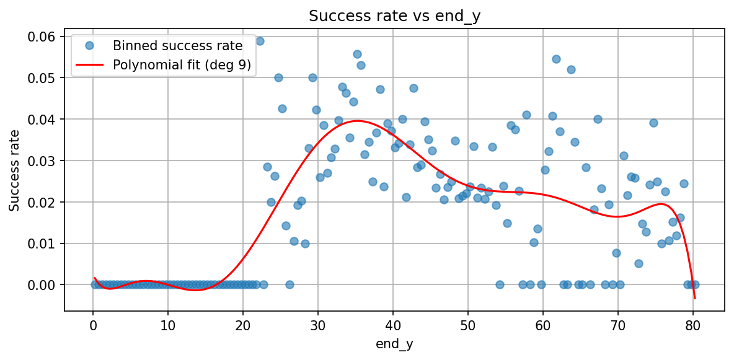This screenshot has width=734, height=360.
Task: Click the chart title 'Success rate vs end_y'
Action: point(394,17)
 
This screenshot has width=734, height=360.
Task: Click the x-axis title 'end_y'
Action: point(394,345)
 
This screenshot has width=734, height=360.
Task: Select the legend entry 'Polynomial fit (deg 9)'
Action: point(182,65)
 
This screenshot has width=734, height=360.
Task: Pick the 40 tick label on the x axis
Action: point(393,325)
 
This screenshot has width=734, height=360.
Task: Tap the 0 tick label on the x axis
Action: point(93,325)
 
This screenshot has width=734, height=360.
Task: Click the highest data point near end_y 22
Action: point(260,41)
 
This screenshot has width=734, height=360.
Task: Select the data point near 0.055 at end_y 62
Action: point(556,59)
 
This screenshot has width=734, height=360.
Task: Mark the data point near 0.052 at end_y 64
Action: point(571,69)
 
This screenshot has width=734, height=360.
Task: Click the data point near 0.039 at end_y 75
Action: point(653,123)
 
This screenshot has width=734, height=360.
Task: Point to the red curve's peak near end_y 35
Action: point(356,121)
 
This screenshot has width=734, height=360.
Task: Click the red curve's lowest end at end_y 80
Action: point(695,299)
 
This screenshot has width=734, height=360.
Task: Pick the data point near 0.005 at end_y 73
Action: point(639,263)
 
